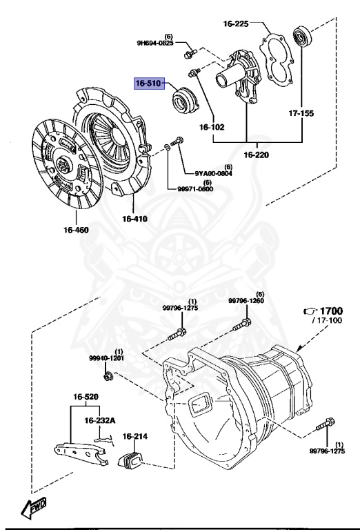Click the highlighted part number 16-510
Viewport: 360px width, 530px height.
tap(147, 84)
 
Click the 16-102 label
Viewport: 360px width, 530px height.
tap(212, 128)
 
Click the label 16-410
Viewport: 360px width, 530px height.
tap(136, 219)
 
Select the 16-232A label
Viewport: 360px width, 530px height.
tap(101, 420)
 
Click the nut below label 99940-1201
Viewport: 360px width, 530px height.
tap(109, 376)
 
